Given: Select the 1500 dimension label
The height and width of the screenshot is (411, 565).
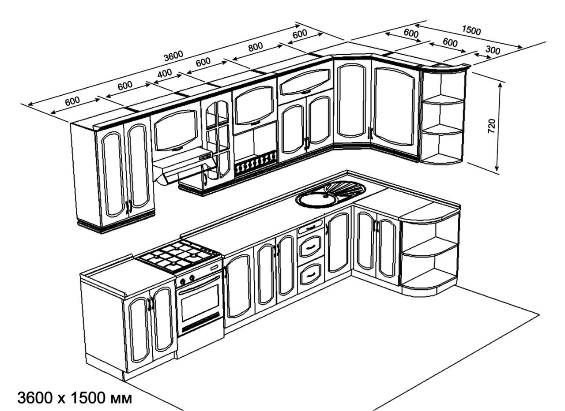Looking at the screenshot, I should (471, 30).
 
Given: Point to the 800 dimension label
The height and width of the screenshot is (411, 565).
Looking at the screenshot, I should (255, 47).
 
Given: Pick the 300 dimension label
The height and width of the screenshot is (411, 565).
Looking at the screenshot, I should (493, 50).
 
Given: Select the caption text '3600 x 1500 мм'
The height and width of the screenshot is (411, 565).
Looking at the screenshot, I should (74, 398).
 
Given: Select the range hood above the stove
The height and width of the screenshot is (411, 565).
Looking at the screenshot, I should (185, 165).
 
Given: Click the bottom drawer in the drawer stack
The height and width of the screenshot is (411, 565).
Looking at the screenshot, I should (310, 274).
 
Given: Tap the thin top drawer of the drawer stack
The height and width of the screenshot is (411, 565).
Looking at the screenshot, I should (310, 228).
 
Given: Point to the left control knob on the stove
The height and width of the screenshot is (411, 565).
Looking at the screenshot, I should (183, 281).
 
